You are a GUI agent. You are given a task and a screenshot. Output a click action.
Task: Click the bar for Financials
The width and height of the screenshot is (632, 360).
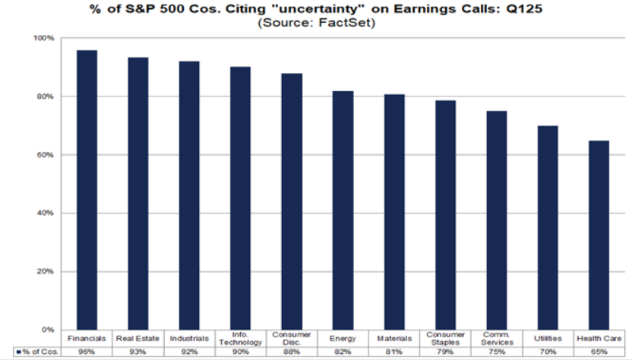coord(87,190)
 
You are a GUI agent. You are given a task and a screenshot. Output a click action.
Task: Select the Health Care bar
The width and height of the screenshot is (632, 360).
coord(598,235)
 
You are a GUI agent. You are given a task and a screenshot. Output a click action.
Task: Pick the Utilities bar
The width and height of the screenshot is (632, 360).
coord(547,227)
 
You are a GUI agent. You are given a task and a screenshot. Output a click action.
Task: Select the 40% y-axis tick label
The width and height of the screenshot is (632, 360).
coord(46,213)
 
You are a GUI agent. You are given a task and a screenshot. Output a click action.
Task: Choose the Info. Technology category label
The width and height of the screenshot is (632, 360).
coord(240,339)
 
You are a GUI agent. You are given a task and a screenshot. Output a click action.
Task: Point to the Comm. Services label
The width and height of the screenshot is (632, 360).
coord(496,339)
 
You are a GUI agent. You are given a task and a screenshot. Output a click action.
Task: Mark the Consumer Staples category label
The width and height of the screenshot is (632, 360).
coord(444,339)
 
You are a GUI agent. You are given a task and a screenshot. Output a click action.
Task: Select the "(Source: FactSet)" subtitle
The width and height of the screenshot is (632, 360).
coord(316,22)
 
